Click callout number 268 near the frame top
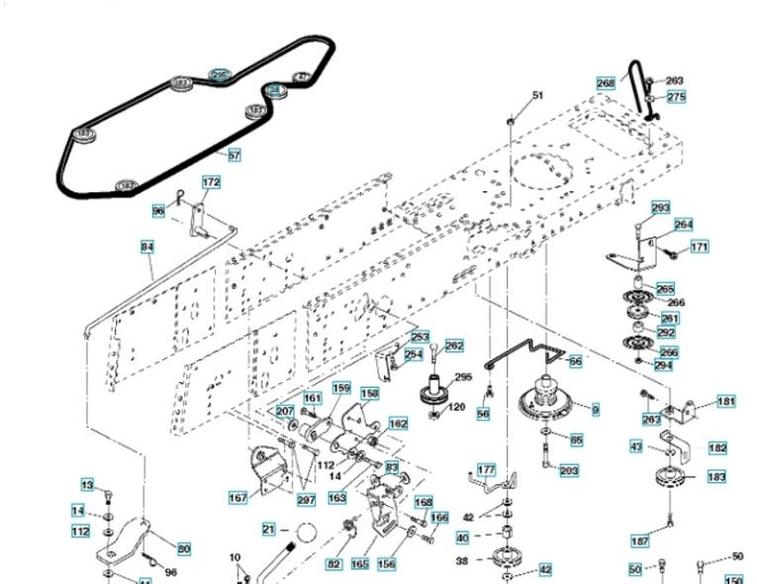[x=606, y=83]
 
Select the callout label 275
[x=676, y=97]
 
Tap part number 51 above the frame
[x=538, y=95]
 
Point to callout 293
[x=660, y=208]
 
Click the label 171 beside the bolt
[x=699, y=246]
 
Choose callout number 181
[x=726, y=402]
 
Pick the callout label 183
[x=716, y=477]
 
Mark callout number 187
[x=641, y=540]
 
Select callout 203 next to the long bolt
[x=569, y=470]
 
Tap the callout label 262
[x=454, y=346]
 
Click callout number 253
[x=421, y=338]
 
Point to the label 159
[x=340, y=388]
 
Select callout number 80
[x=184, y=547]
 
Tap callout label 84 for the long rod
[x=147, y=246]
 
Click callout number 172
[x=211, y=183]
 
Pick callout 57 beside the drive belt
[x=234, y=155]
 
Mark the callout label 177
[x=486, y=469]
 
